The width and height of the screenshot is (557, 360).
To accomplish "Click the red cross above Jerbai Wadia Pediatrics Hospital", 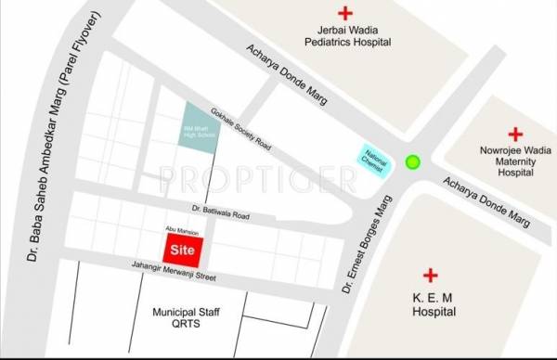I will pos(345,14).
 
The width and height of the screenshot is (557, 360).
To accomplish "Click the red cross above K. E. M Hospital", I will pos(430,276).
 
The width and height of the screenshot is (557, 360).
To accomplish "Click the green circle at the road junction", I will pos(412,162).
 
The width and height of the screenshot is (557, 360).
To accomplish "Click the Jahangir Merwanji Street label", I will pos(164,269).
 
